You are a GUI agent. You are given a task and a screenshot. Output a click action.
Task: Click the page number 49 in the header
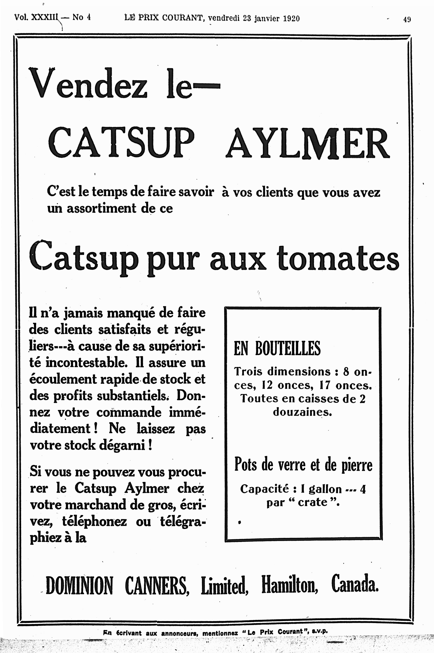point(407,19)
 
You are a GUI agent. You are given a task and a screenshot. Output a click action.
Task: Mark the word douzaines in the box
point(302,412)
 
